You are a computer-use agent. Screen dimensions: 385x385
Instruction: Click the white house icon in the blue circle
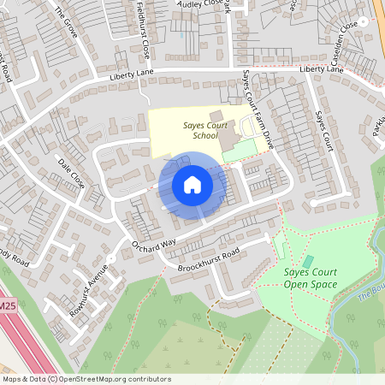click(192, 184)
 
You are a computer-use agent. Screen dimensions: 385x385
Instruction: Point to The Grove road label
click(65, 20)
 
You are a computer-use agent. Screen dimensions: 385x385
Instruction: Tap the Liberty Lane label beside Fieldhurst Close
click(130, 77)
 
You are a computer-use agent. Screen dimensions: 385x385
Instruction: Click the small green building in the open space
click(308, 262)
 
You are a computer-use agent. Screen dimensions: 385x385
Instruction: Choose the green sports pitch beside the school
click(241, 149)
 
